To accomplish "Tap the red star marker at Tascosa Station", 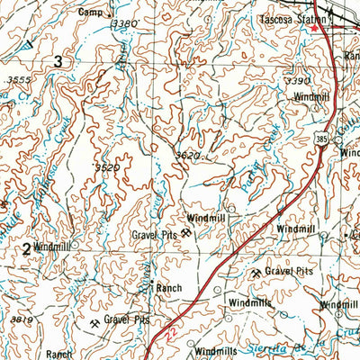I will (314, 27).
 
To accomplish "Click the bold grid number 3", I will (58, 61).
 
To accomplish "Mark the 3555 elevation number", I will (17, 79).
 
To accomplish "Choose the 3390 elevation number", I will (297, 81).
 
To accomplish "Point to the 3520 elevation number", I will (107, 167).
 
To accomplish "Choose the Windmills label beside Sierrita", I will (214, 350).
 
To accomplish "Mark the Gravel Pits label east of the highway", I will (293, 270).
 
